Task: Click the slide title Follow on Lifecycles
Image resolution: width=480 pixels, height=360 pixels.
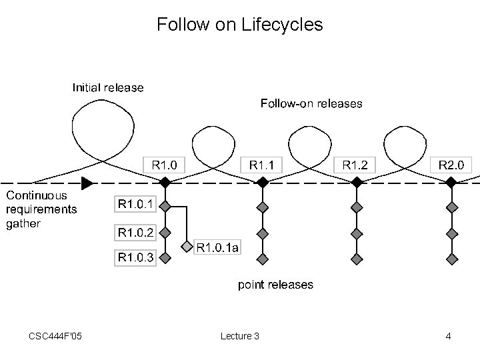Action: click(240, 25)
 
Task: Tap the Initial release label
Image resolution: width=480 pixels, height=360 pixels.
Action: click(108, 87)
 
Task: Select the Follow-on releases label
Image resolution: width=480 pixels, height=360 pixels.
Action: click(311, 103)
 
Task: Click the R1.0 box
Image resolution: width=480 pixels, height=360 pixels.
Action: click(165, 164)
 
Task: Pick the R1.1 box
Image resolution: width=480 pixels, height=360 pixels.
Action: click(265, 164)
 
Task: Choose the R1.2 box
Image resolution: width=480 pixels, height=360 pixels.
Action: click(359, 164)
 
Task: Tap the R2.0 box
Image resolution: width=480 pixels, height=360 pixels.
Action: click(454, 164)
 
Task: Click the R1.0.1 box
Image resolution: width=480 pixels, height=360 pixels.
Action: click(135, 203)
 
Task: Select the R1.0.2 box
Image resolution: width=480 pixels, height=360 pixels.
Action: click(135, 233)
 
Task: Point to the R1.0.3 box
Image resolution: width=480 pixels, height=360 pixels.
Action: click(135, 257)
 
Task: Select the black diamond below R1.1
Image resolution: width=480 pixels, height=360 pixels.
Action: click(263, 182)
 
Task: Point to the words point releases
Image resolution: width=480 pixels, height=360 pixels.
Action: click(275, 285)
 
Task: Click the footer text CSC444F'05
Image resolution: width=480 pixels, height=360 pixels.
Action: click(56, 335)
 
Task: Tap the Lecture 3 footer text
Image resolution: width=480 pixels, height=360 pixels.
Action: click(239, 335)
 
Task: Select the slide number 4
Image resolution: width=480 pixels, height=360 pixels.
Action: click(449, 335)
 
